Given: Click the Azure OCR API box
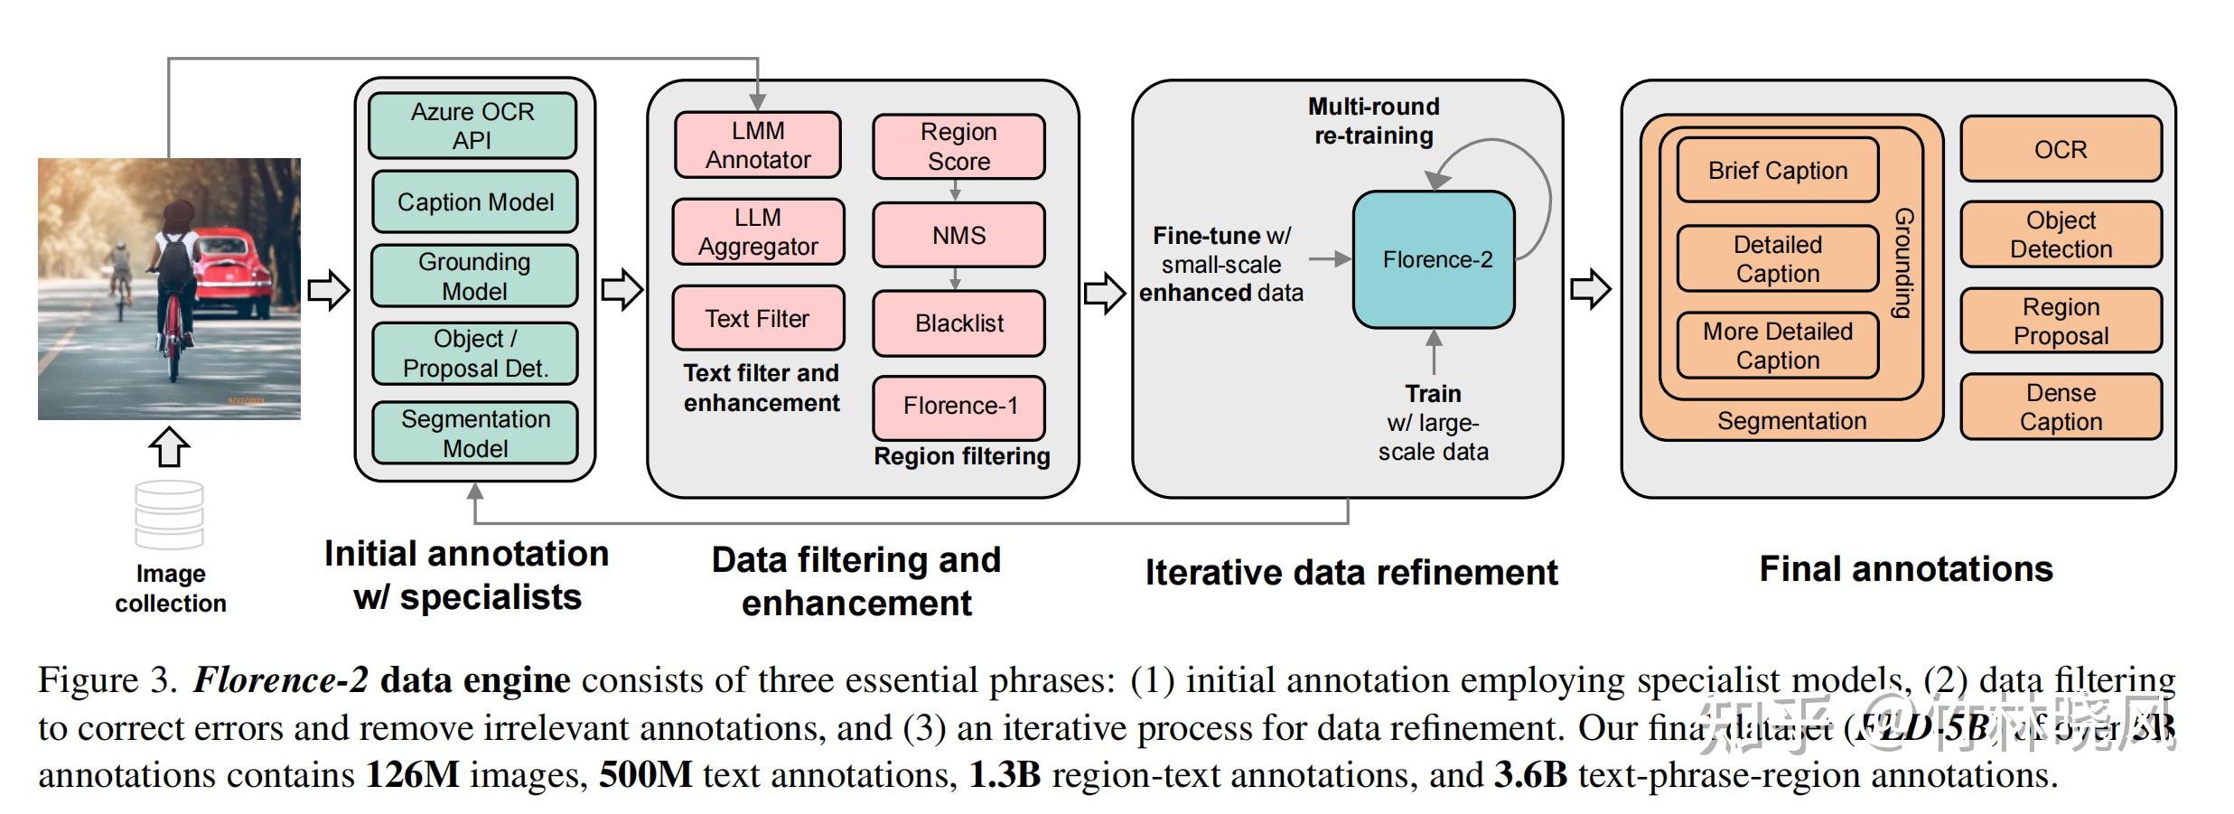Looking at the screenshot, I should point(472,126).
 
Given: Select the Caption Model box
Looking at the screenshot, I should point(475,201).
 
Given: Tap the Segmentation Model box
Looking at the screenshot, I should point(475,433).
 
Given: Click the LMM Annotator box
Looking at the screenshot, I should point(758,145).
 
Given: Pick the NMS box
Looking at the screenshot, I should point(958,235).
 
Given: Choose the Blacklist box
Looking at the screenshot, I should point(958,323).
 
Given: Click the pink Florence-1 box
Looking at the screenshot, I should point(958,407).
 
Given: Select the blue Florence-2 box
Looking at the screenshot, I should point(1434,259).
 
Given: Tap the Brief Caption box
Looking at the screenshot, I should point(1777,170).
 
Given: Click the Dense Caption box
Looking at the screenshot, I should point(2061,407).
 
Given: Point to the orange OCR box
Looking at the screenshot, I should point(2061,149).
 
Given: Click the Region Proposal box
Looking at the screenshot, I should point(2061,321).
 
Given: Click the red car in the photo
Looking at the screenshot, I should point(239,271).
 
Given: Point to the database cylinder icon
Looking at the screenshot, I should point(169,514).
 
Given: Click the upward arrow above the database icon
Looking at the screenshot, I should point(169,446).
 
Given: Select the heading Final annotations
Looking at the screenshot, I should point(1906,569).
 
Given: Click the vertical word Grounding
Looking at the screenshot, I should point(1903,263).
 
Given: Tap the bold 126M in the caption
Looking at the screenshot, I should point(412,775).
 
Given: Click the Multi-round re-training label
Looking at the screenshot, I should point(1373,121).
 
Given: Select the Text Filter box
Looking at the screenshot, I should point(758,318).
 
